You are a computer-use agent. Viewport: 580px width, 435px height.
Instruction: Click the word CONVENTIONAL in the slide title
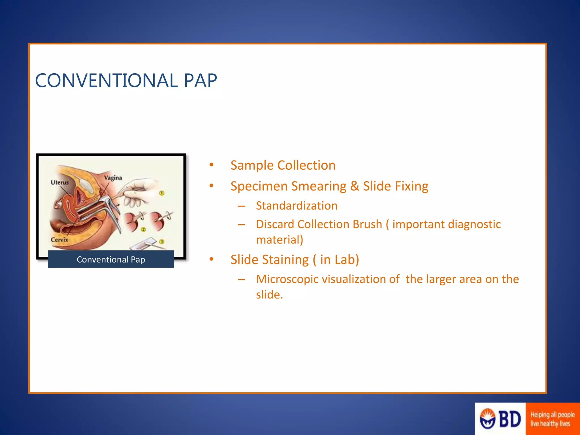point(106,81)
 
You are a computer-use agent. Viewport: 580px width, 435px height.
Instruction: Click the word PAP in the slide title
point(200,81)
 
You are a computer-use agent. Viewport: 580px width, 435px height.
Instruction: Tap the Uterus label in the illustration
point(59,182)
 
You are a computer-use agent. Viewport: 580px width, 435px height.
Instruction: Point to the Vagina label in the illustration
point(113,178)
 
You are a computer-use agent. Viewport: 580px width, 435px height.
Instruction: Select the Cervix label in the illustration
point(59,240)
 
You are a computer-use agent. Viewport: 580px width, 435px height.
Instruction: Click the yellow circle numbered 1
point(162,193)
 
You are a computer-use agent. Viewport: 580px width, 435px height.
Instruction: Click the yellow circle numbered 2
point(143,229)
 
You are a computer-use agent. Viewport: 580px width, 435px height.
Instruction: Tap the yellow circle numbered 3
point(162,242)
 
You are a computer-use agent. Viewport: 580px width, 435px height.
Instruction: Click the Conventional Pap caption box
point(111,259)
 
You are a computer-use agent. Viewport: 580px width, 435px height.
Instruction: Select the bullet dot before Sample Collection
point(211,165)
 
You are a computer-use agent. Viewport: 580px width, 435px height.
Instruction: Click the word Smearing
point(319,186)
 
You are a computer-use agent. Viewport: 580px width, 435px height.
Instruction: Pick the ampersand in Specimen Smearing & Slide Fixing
point(355,186)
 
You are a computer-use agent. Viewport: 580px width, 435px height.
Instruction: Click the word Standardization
point(297,206)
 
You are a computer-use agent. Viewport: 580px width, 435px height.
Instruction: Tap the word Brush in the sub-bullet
point(367,224)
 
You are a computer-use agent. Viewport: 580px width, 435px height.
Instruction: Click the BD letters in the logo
point(510,419)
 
